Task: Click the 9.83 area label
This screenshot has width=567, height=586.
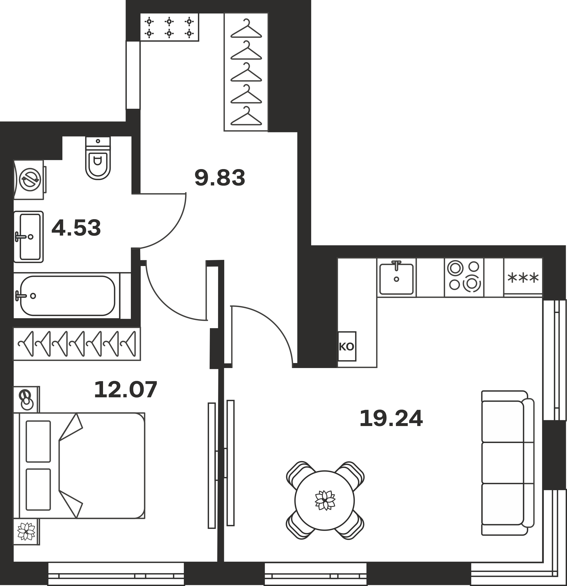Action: coord(220,178)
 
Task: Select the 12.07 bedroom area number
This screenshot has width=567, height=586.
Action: coord(126,390)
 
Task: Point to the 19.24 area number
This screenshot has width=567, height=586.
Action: coord(391,419)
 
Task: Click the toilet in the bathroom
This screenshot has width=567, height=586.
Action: coord(98,159)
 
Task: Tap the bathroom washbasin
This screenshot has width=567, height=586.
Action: coord(28,237)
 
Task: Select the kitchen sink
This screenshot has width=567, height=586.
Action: coord(396,278)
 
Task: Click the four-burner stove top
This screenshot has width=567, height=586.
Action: coord(464,278)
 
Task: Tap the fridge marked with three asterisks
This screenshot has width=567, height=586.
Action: coord(523,278)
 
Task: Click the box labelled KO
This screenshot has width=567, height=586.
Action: coord(347,347)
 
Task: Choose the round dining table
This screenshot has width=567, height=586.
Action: coord(325,500)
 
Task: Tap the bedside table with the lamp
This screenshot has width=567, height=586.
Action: coord(26,399)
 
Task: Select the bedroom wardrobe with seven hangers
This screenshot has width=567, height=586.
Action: coord(77,344)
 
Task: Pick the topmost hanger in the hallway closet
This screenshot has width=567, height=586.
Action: coord(246,29)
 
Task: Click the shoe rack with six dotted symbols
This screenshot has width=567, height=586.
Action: coord(169,27)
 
